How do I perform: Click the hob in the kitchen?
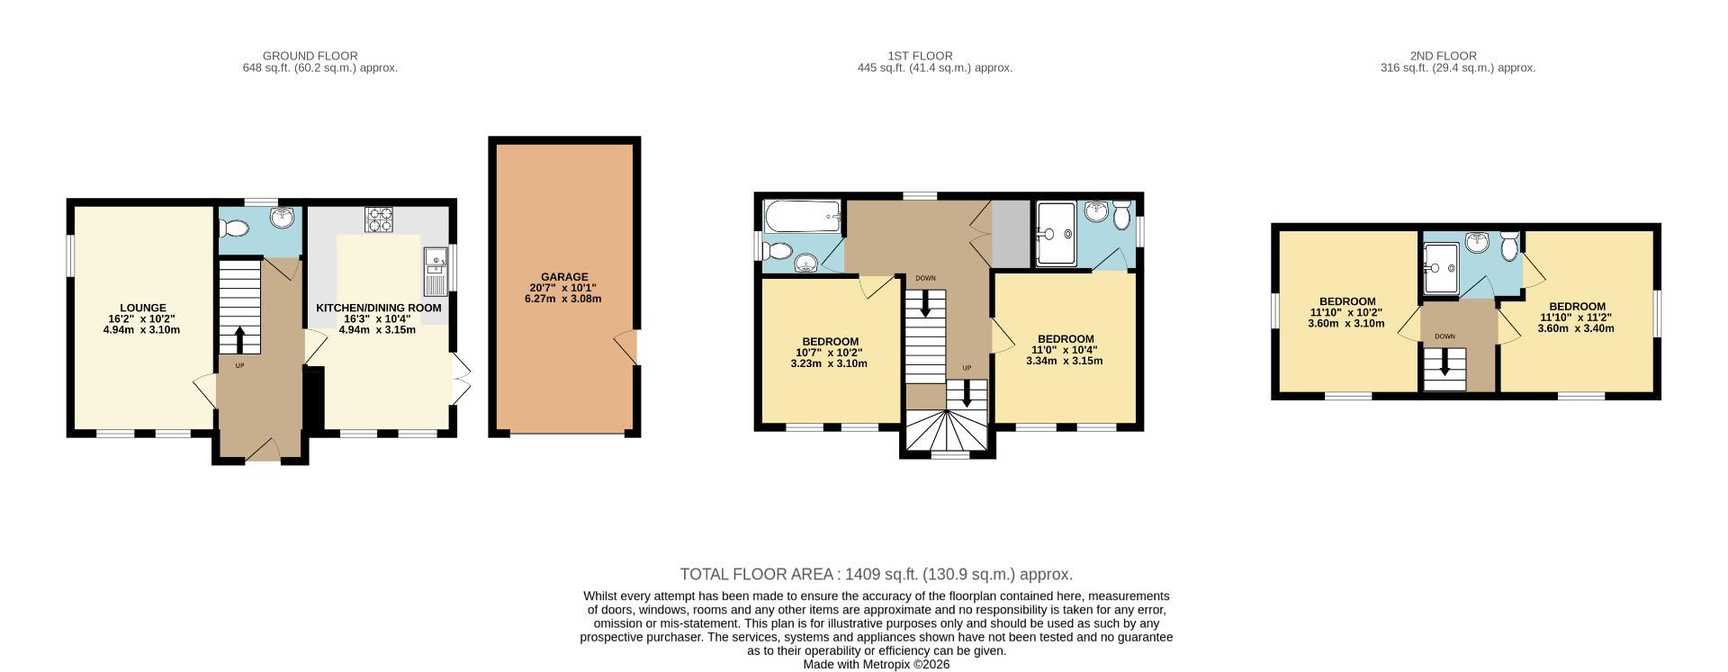tap(379, 220)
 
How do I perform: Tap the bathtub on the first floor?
tap(801, 217)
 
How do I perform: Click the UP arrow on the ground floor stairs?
tap(239, 340)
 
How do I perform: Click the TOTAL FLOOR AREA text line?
tap(876, 574)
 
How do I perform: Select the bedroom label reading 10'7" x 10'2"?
tap(829, 353)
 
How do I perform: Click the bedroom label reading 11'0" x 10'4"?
tap(1065, 350)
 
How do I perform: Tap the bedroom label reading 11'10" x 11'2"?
tap(1576, 318)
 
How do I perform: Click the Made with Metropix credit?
tap(876, 665)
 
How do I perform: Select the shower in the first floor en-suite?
tap(1055, 234)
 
